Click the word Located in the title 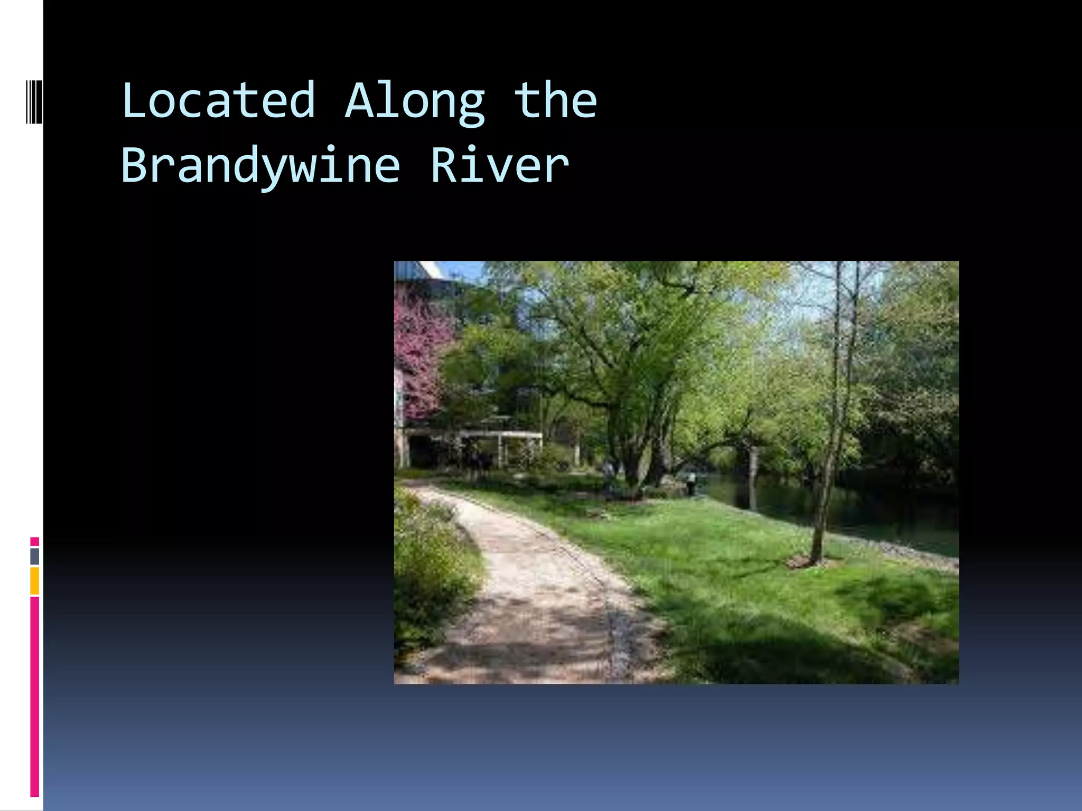click(218, 100)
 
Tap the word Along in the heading click(414, 102)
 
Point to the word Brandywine click(260, 166)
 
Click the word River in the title click(499, 165)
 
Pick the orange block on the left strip click(35, 581)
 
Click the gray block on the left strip click(35, 556)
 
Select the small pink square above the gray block click(35, 541)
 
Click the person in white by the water click(691, 481)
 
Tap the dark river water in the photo click(845, 507)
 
